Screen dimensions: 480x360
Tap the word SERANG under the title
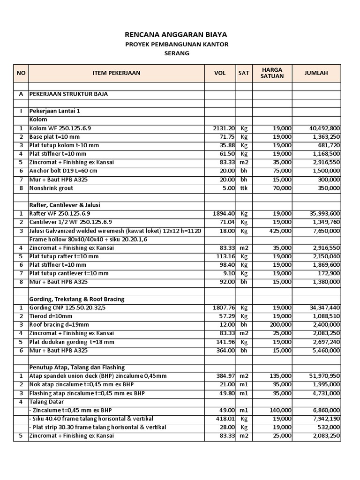pos(176,53)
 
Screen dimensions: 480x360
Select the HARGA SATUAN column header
pos(272,73)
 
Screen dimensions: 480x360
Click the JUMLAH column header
pos(316,73)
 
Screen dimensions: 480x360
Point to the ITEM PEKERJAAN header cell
pos(116,73)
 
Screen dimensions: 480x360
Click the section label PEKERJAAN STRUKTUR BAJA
pos(68,94)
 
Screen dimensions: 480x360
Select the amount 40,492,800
pos(325,128)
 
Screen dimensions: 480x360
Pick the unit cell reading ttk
pos(244,188)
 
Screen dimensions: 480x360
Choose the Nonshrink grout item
pos(51,188)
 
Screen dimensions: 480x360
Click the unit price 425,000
pos(280,231)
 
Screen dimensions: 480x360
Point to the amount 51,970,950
pos(325,376)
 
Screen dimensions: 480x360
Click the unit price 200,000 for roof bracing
pos(280,324)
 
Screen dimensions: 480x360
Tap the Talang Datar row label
pos(46,402)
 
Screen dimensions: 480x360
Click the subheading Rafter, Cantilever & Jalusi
pos(65,205)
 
